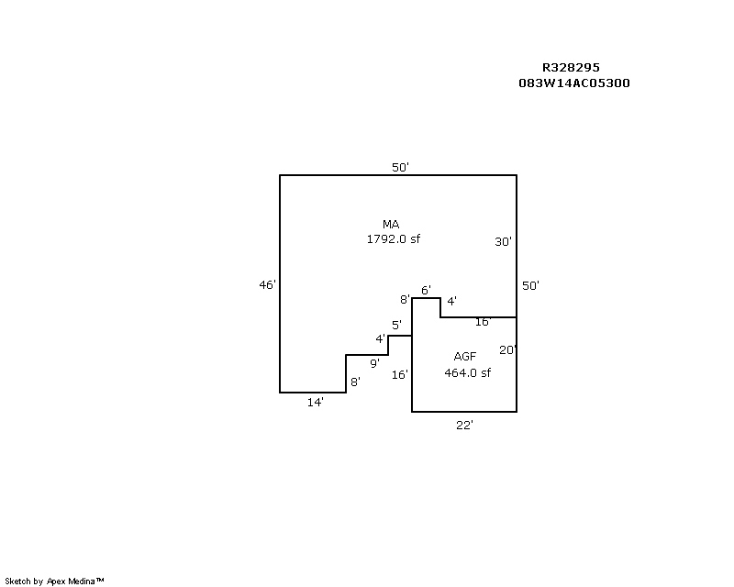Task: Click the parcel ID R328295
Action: coord(571,67)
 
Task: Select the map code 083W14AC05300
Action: coord(574,83)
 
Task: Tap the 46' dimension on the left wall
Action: coord(267,284)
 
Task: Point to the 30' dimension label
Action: coord(503,241)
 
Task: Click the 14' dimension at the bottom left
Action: coord(315,402)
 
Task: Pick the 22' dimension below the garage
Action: coord(464,425)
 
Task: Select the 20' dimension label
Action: coord(507,349)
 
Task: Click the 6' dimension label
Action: coord(426,290)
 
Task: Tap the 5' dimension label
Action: coord(396,325)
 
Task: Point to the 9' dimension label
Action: coord(374,363)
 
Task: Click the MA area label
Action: coord(391,224)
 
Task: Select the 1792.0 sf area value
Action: coord(394,238)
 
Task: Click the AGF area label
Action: coord(465,357)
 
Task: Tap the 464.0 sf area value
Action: coord(467,372)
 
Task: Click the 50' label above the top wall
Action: coord(400,167)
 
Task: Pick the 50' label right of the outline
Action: coord(530,285)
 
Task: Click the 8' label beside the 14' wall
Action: coord(355,382)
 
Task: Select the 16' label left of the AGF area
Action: coord(400,374)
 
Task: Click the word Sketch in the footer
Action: coord(17,581)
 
